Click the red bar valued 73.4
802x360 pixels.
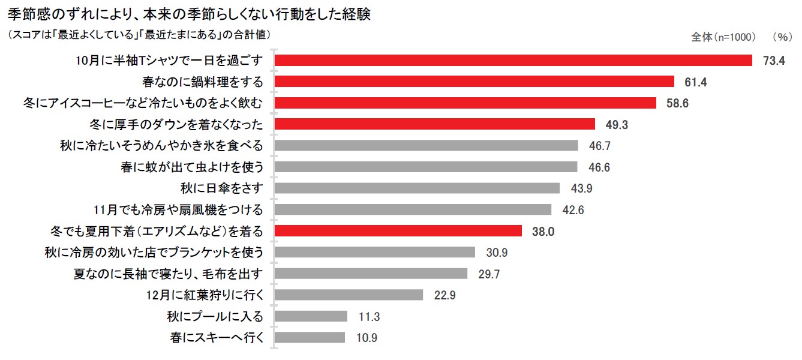click(x=513, y=61)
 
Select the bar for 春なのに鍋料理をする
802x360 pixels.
click(x=474, y=82)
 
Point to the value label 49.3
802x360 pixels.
click(x=615, y=125)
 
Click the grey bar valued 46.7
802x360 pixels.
click(x=426, y=146)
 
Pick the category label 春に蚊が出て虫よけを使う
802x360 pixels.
click(x=192, y=167)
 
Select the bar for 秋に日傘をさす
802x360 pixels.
click(x=417, y=188)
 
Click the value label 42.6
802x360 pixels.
click(x=572, y=210)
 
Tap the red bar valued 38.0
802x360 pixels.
click(x=398, y=231)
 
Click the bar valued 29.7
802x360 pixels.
click(x=371, y=274)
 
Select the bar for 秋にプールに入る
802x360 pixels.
click(x=311, y=316)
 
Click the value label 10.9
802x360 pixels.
click(x=366, y=338)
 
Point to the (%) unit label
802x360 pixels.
click(x=782, y=37)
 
